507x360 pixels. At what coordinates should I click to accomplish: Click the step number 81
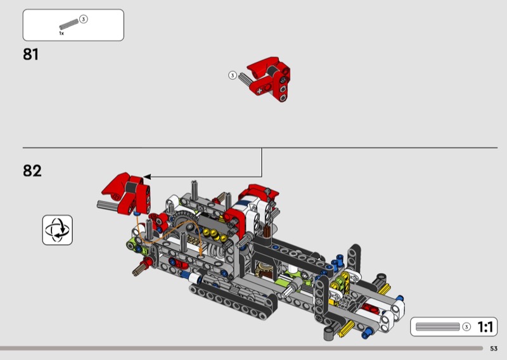[30, 54]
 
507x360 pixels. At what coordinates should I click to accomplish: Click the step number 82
[32, 170]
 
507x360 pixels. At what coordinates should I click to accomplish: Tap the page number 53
[494, 349]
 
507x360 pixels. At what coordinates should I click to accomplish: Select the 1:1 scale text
[485, 327]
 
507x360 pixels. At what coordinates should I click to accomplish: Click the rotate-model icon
[58, 230]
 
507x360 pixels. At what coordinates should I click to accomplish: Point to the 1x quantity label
[61, 34]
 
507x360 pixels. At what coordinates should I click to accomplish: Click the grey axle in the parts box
[69, 24]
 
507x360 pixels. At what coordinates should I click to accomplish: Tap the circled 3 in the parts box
[84, 20]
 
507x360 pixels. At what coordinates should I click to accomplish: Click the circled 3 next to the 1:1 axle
[466, 327]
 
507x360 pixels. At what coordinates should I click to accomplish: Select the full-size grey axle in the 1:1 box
[438, 327]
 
